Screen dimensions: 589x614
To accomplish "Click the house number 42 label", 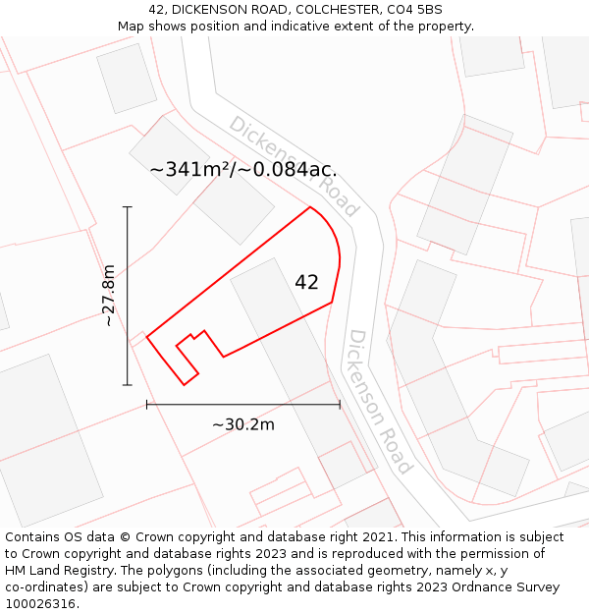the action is [x=306, y=282].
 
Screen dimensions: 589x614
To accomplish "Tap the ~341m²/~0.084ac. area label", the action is [x=242, y=169].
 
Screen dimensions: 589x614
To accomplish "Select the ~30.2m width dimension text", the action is [x=243, y=424].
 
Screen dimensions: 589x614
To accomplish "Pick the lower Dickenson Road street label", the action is [x=379, y=401].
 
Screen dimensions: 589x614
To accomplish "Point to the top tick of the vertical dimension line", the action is [x=127, y=207].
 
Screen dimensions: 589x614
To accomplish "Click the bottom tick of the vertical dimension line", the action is [x=127, y=385].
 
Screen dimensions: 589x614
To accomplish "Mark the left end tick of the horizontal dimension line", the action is [x=147, y=404].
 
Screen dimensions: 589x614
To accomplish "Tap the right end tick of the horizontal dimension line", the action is [x=340, y=404].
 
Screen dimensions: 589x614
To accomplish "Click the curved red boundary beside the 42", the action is [x=338, y=251].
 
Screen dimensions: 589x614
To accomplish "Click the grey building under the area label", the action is [x=234, y=206].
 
